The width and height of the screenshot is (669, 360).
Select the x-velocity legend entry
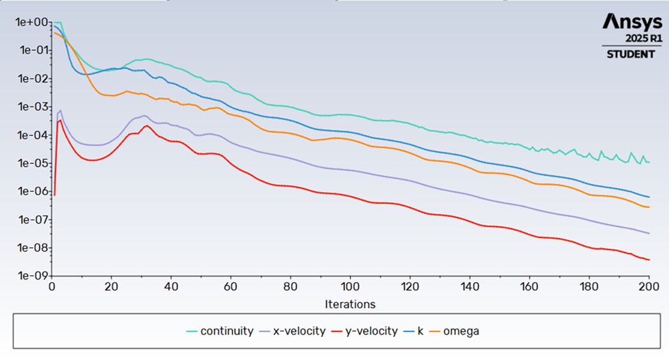point(299,331)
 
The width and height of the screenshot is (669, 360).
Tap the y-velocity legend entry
point(372,331)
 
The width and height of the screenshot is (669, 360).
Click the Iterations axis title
point(350,304)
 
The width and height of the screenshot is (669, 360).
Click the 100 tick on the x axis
point(350,287)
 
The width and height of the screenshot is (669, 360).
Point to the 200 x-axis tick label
point(649,287)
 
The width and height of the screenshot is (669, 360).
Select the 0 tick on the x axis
point(52,287)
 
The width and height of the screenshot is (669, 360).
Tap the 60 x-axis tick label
point(230,287)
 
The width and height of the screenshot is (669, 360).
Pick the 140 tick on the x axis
point(469,287)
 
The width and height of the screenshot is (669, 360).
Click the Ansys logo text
point(633,22)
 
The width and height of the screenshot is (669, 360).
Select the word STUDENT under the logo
point(631,54)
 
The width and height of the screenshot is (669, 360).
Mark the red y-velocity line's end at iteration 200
point(649,260)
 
